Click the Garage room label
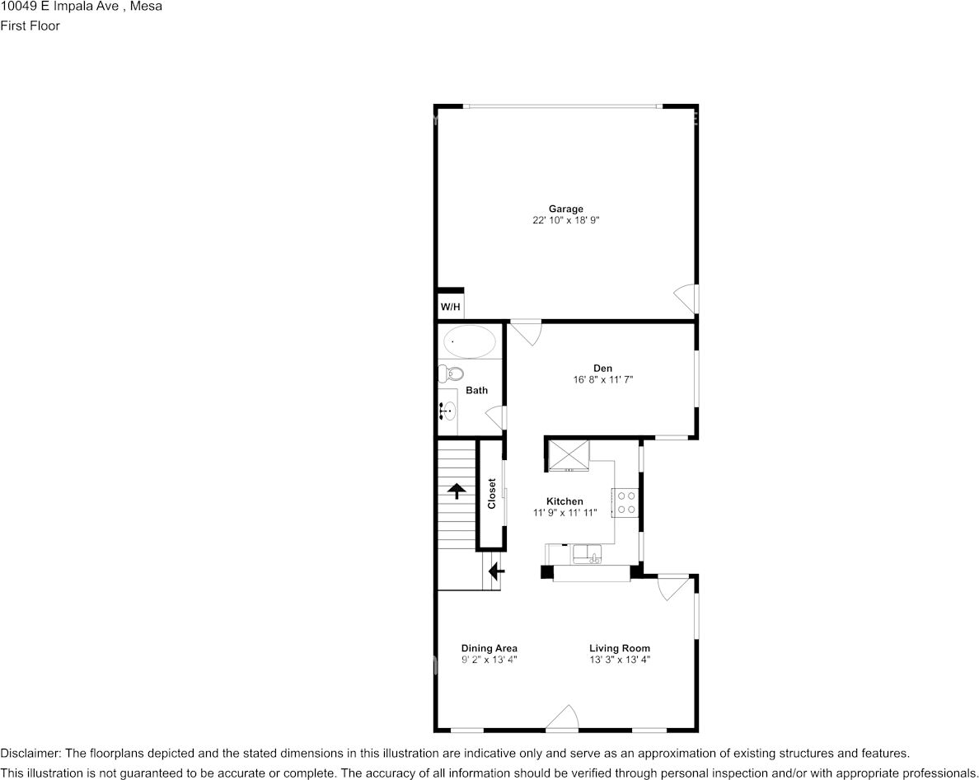(565, 209)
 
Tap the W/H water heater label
(450, 308)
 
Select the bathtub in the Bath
(470, 341)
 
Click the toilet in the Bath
(449, 374)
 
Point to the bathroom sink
(447, 409)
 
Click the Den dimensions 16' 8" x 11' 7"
(602, 380)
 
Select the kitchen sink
(588, 553)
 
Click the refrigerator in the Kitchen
(569, 454)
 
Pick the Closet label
(492, 494)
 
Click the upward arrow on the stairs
(456, 491)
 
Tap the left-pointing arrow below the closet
(496, 570)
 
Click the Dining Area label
(489, 648)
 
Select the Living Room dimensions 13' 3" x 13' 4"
(620, 660)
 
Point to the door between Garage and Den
(526, 331)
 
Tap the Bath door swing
(497, 417)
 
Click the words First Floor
(30, 26)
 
